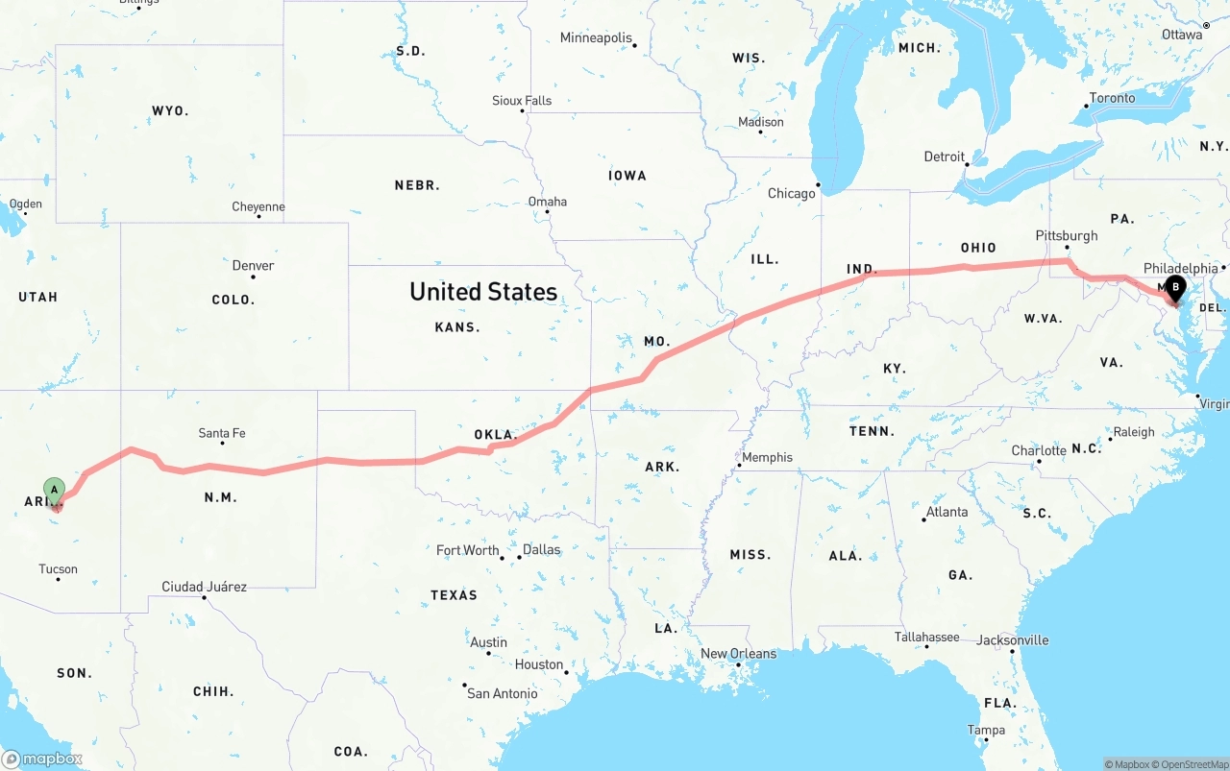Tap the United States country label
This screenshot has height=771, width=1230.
click(482, 292)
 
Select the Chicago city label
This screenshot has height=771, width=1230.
click(791, 194)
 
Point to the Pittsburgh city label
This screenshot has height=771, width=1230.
click(1066, 235)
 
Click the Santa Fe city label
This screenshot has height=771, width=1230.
click(221, 433)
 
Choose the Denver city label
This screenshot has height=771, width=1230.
click(253, 266)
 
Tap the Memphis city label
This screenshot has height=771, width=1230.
click(767, 457)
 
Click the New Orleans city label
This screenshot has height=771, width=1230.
click(738, 654)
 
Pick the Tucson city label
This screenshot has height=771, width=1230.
click(58, 569)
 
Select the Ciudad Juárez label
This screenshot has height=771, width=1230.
click(204, 587)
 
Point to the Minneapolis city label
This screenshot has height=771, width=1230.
click(596, 38)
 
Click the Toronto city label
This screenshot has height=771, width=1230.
click(1112, 98)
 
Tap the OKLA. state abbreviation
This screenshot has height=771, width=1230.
click(496, 435)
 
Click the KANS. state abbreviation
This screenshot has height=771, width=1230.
click(456, 327)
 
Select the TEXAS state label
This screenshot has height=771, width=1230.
click(454, 595)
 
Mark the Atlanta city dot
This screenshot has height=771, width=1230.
click(924, 519)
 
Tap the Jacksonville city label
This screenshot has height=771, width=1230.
click(1013, 640)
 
